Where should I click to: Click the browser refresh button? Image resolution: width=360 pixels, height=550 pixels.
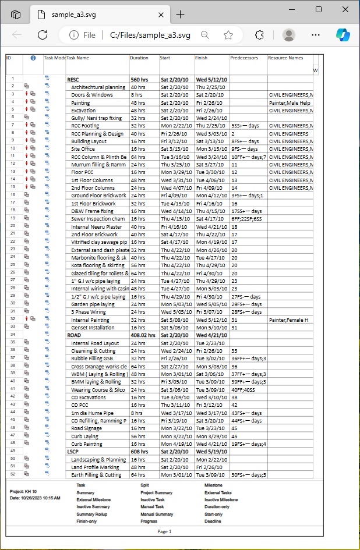pyautogui.click(x=42, y=35)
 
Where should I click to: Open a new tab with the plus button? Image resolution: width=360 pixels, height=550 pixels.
pyautogui.click(x=181, y=15)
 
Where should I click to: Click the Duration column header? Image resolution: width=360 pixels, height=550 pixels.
pyautogui.click(x=139, y=58)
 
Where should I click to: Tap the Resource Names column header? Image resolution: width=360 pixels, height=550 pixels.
pyautogui.click(x=285, y=58)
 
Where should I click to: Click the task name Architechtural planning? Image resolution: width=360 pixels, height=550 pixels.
pyautogui.click(x=98, y=87)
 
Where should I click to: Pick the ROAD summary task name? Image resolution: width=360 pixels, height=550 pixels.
pyautogui.click(x=74, y=335)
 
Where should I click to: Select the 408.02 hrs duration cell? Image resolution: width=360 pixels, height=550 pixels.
pyautogui.click(x=143, y=335)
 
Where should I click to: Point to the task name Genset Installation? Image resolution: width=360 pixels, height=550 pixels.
pyautogui.click(x=93, y=328)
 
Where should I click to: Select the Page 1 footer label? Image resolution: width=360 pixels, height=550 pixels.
pyautogui.click(x=165, y=531)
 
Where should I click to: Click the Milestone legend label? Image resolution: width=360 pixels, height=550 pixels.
pyautogui.click(x=214, y=485)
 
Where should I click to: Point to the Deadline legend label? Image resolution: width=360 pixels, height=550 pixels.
pyautogui.click(x=213, y=521)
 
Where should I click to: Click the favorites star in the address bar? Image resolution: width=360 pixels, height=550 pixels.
pyautogui.click(x=228, y=35)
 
